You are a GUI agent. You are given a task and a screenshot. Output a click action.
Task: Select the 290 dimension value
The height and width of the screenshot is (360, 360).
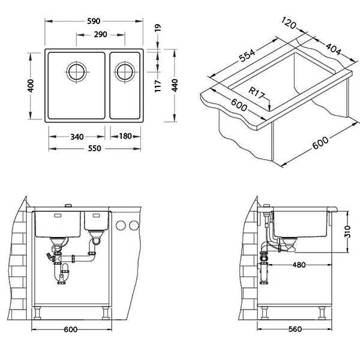click(101, 35)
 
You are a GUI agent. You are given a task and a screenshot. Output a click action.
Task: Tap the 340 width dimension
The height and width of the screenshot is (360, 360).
click(77, 137)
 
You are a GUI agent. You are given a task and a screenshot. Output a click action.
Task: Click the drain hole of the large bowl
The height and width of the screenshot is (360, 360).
click(77, 72)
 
